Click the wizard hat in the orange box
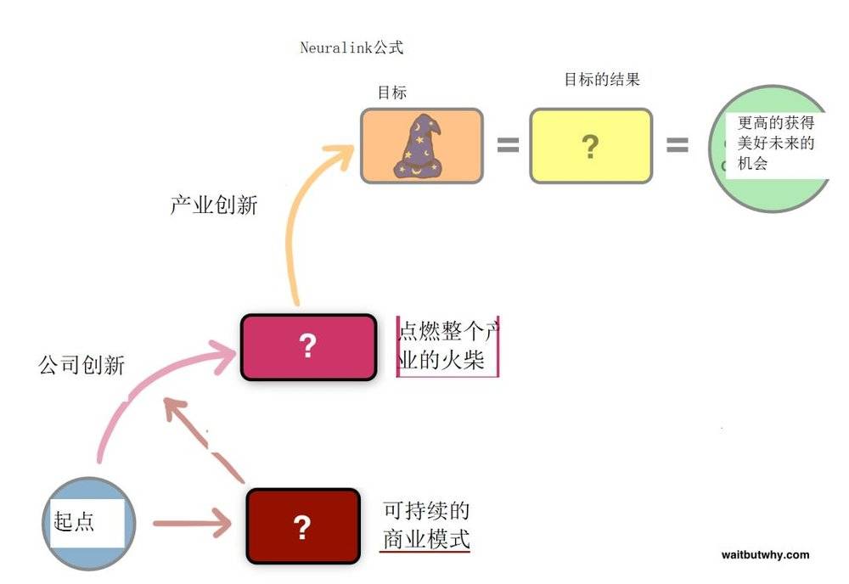pyautogui.click(x=418, y=147)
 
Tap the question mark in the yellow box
pyautogui.click(x=590, y=146)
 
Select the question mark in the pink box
pyautogui.click(x=307, y=345)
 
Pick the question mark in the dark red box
pyautogui.click(x=302, y=527)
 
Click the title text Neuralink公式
pyautogui.click(x=352, y=48)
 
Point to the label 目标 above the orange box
pyautogui.click(x=392, y=93)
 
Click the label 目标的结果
pyautogui.click(x=602, y=80)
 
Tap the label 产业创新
pyautogui.click(x=214, y=205)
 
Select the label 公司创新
pyautogui.click(x=82, y=365)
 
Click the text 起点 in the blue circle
pyautogui.click(x=74, y=522)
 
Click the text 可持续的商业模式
pyautogui.click(x=426, y=525)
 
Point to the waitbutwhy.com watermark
pyautogui.click(x=765, y=555)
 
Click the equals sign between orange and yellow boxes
pyautogui.click(x=508, y=145)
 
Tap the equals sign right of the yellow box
pyautogui.click(x=678, y=145)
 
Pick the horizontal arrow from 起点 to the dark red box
pyautogui.click(x=193, y=524)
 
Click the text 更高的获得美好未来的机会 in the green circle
pyautogui.click(x=775, y=143)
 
